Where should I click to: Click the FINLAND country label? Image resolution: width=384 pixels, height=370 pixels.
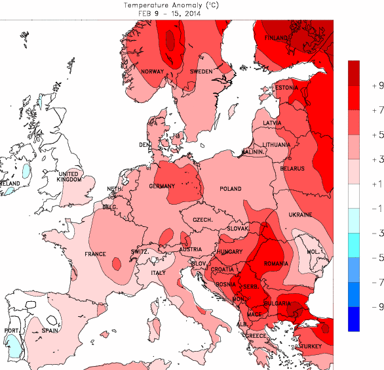coord(277,39)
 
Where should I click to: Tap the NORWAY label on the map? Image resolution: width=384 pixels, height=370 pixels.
coord(152,72)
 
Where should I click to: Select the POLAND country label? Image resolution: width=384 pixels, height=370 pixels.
coord(230,189)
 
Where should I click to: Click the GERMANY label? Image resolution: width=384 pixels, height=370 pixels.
coord(162,186)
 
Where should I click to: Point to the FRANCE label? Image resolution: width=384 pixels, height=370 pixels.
coord(96,254)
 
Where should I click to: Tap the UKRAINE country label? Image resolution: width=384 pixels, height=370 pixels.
coord(301,215)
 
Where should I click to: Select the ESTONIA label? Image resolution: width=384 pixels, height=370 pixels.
coord(286,88)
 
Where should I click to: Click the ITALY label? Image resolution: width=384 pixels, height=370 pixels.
coord(158,272)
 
